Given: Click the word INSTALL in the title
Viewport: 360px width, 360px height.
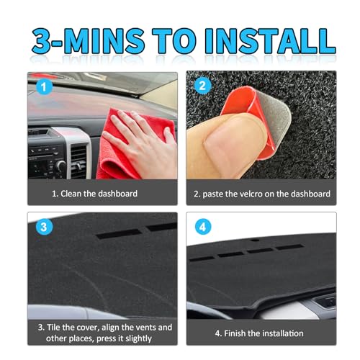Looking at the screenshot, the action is click(270, 41).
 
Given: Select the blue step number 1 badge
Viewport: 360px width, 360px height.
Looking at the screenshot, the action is click(44, 87).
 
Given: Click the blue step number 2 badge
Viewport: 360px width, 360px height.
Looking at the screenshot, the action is click(202, 86).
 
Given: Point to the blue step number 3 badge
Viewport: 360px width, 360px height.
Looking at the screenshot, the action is click(44, 227).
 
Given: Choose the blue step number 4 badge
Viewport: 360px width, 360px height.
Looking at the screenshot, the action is click(203, 227).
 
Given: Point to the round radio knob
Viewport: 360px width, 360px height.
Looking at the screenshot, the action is click(61, 166).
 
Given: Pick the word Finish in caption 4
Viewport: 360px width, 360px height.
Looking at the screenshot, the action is click(235, 333).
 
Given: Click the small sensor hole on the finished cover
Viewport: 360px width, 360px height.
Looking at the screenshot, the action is click(256, 240).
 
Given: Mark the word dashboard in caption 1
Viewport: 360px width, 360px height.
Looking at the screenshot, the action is click(117, 194).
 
